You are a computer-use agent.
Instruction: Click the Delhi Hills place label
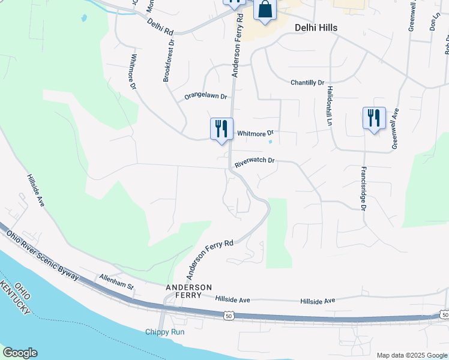(x=316, y=28)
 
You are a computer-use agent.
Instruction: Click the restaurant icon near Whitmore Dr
(x=221, y=128)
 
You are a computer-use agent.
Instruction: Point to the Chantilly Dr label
(x=307, y=82)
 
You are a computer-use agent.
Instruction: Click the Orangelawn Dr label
(x=206, y=96)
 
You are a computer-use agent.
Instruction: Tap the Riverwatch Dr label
(x=255, y=161)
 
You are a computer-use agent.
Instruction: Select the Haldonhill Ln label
(x=330, y=104)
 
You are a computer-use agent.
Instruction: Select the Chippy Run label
(x=164, y=332)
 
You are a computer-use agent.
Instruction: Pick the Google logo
(x=20, y=353)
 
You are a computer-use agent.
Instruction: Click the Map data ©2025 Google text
(x=411, y=355)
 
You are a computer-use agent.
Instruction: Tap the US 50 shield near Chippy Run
(x=228, y=315)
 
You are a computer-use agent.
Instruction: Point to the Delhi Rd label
(x=160, y=26)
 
